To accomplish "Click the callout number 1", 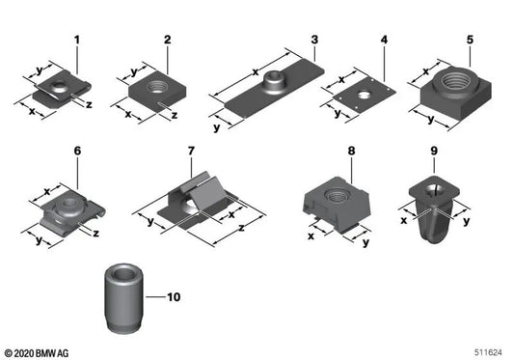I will pyautogui.click(x=76, y=41).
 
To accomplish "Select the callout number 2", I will pyautogui.click(x=167, y=41).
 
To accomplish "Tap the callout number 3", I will pyautogui.click(x=314, y=41).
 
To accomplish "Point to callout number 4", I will pyautogui.click(x=384, y=41).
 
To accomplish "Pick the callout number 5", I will pyautogui.click(x=470, y=41).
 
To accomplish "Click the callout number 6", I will pyautogui.click(x=76, y=152).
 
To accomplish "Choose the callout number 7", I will pyautogui.click(x=191, y=152).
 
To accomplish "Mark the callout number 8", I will pyautogui.click(x=352, y=152).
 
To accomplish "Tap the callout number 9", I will pyautogui.click(x=435, y=152).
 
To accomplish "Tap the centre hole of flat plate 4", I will pyautogui.click(x=365, y=97).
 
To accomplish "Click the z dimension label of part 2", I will pyautogui.click(x=174, y=115).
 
